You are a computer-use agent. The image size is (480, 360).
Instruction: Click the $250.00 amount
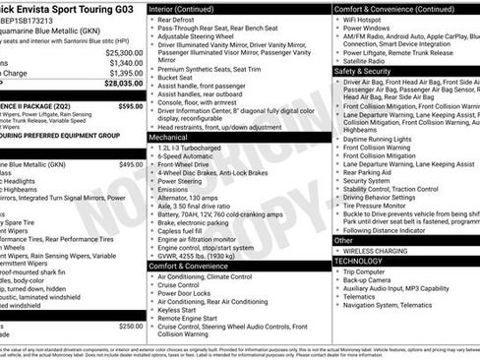pos(130,326)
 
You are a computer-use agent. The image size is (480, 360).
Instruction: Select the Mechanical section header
pos(168,138)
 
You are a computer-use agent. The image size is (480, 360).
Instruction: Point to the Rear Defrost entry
pos(178,19)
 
